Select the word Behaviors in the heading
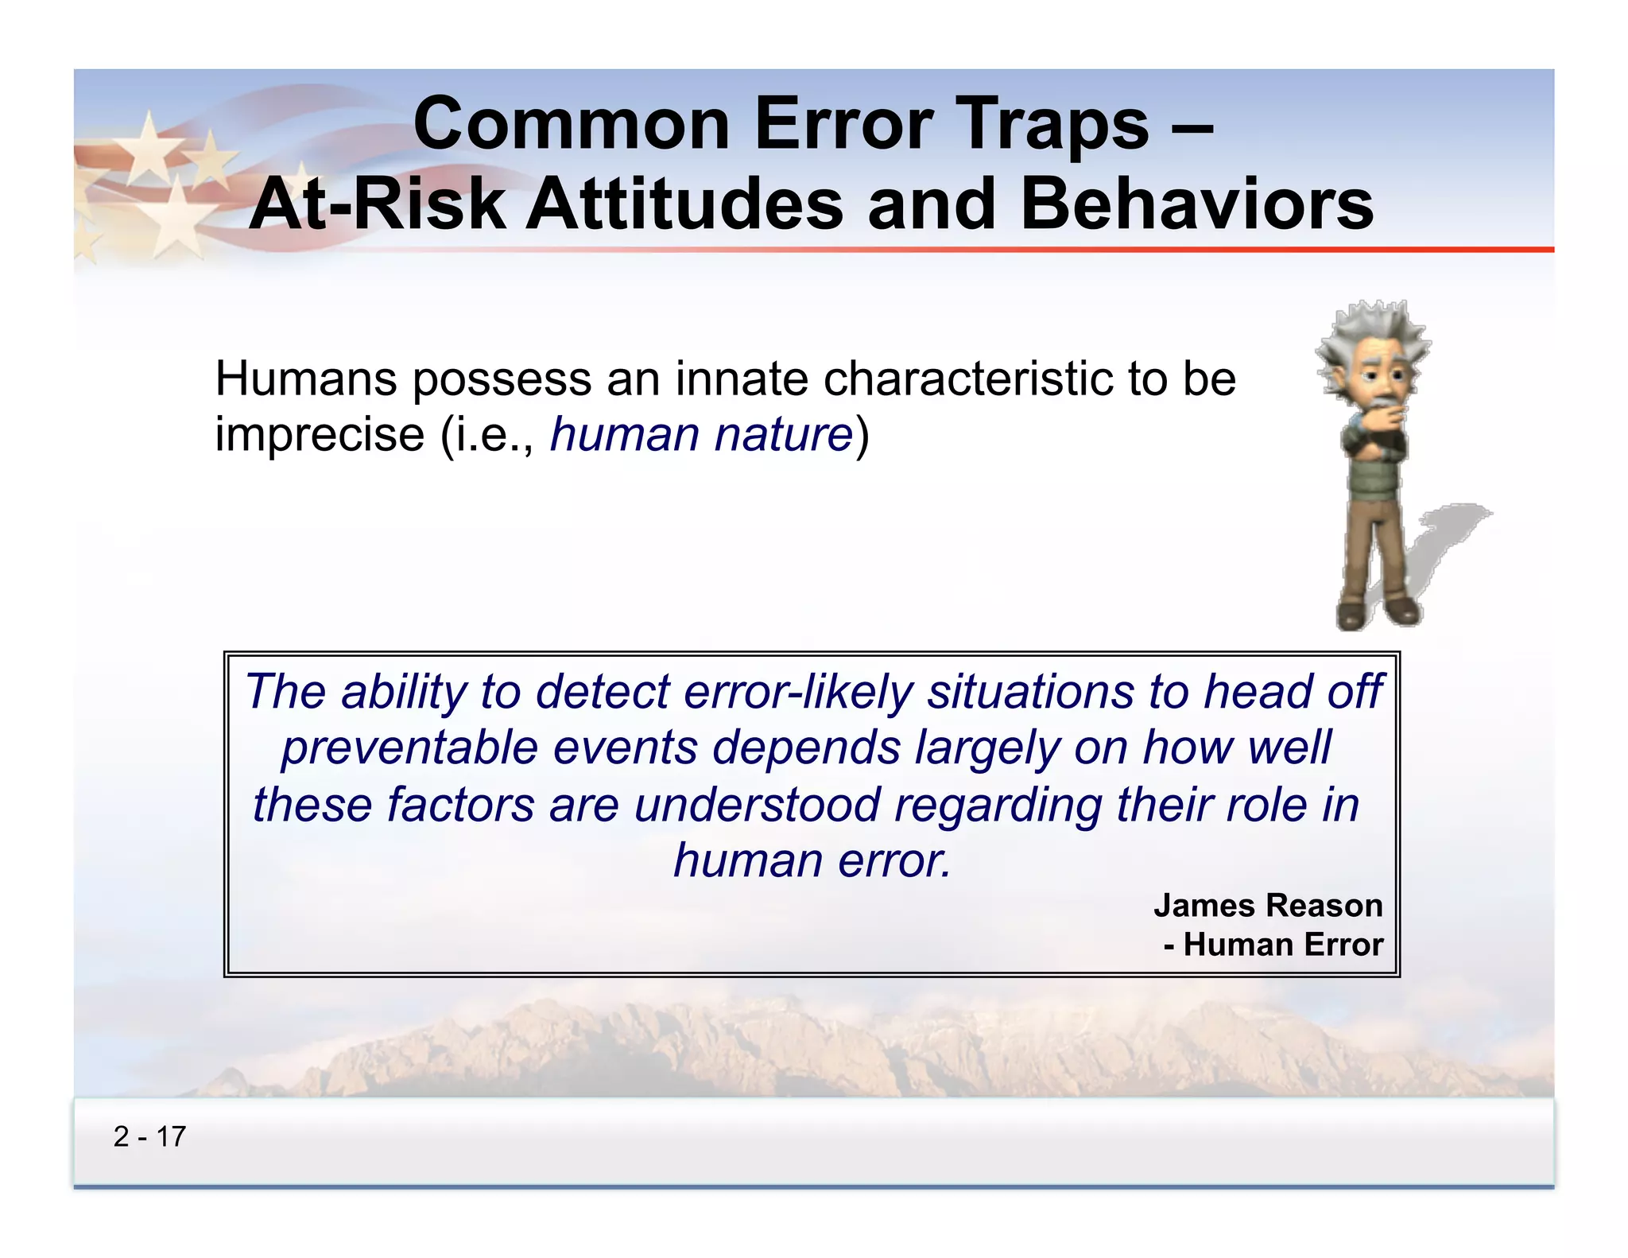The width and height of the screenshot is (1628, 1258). tap(1196, 205)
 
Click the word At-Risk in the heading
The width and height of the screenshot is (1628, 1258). tap(378, 205)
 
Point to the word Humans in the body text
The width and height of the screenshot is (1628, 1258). tap(305, 379)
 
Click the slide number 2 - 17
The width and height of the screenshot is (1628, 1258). tap(149, 1136)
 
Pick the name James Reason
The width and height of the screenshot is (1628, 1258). tap(1267, 906)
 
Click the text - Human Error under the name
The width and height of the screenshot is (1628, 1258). tap(1273, 945)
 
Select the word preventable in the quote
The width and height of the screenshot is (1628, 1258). tap(409, 748)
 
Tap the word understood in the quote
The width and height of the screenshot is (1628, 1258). tap(757, 805)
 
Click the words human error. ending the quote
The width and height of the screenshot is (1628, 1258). tap(812, 861)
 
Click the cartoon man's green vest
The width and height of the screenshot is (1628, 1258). tap(1371, 478)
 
